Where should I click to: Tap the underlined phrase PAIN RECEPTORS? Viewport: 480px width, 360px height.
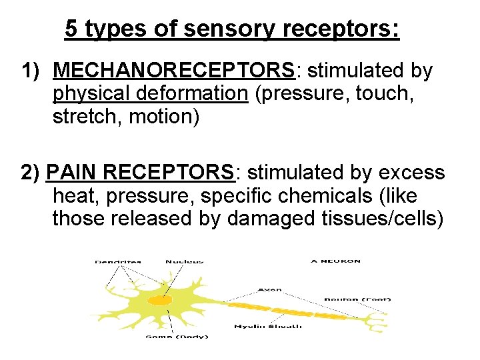point(141,173)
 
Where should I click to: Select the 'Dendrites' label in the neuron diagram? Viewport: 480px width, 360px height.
point(118,261)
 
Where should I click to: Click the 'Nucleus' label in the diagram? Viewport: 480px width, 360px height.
point(185,261)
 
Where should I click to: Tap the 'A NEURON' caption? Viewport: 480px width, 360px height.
point(335,261)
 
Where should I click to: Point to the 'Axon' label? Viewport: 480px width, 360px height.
point(269,290)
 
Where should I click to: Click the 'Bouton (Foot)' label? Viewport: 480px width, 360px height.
point(357,299)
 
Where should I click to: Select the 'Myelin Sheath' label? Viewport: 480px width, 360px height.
point(268,326)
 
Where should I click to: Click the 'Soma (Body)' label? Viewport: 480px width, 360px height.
point(177,336)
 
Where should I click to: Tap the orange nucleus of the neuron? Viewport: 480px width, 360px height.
point(159,301)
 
